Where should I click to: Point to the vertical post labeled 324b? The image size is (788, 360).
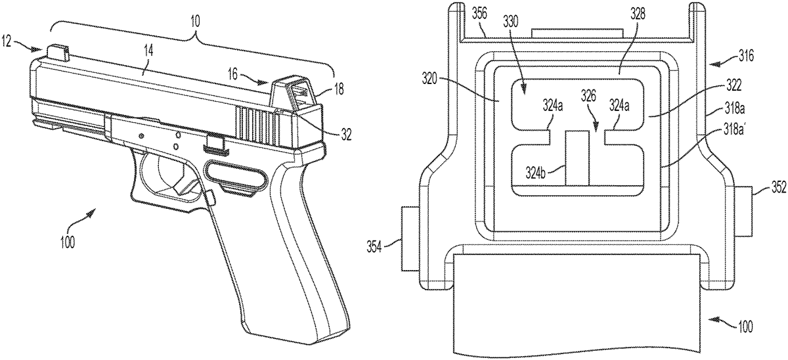(x=577, y=158)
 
